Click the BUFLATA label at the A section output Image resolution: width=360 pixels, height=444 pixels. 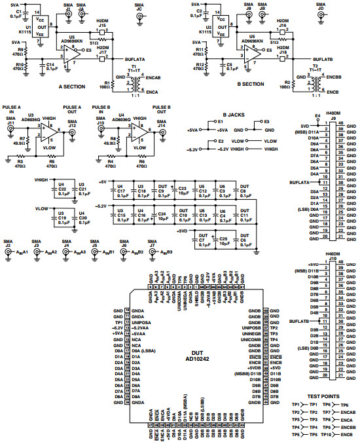[x=136, y=59]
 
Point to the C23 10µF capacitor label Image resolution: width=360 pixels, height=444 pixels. [x=182, y=191]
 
